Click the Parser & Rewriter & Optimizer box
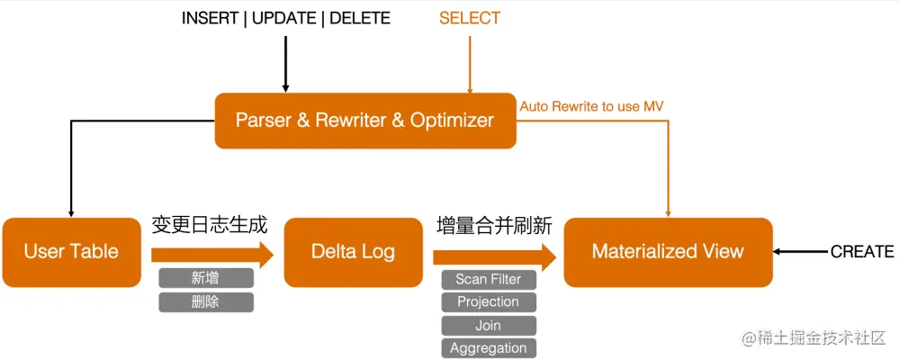tap(364, 120)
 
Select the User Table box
tap(71, 251)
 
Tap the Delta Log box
tap(353, 251)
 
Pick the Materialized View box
tap(668, 251)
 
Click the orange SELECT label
tap(470, 18)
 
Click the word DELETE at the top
tap(360, 18)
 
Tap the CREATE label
tap(862, 252)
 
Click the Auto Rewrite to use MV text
tap(592, 106)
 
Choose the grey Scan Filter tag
tap(489, 279)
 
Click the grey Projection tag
tap(489, 301)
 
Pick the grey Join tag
tap(489, 325)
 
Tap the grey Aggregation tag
tap(489, 348)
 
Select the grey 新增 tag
tap(206, 278)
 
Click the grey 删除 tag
tap(206, 301)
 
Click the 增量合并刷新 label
tap(494, 225)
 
